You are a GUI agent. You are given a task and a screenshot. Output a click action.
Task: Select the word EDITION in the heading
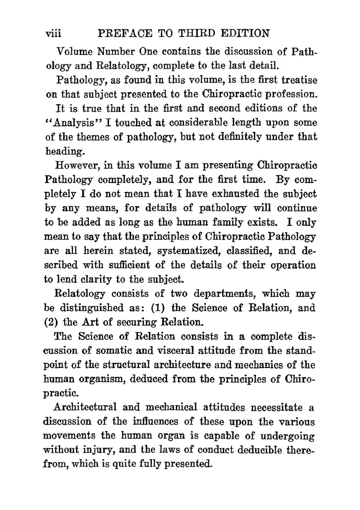click(245, 33)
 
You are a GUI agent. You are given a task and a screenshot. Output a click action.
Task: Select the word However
click(76, 165)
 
